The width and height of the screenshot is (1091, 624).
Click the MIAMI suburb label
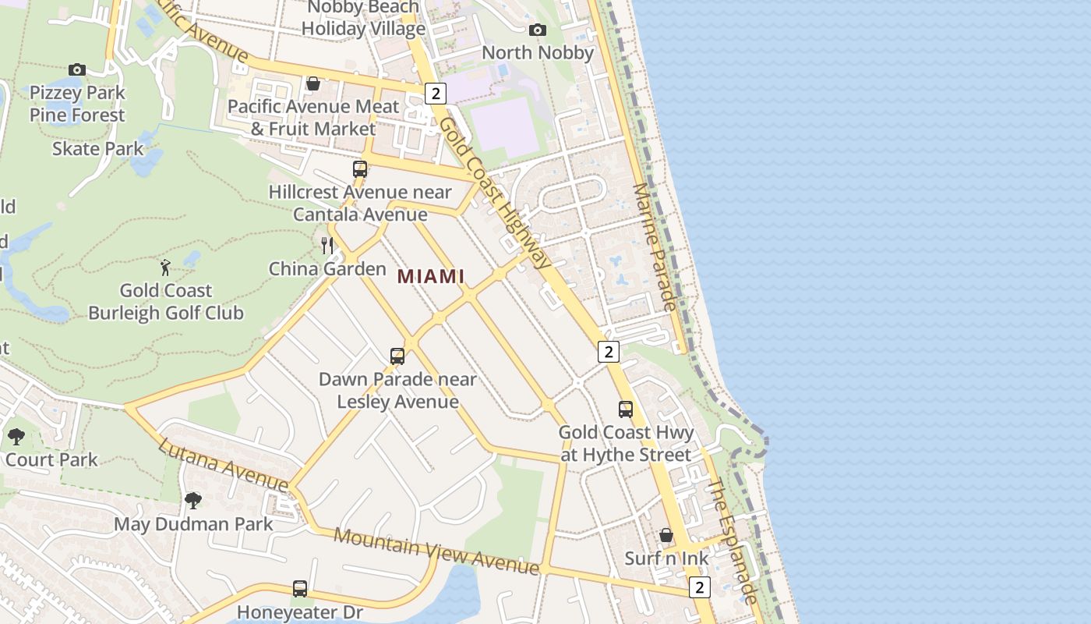click(x=431, y=276)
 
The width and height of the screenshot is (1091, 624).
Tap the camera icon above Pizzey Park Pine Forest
click(x=76, y=69)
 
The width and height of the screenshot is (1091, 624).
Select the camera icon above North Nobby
click(x=537, y=30)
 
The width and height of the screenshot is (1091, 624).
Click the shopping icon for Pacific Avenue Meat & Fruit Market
click(x=313, y=83)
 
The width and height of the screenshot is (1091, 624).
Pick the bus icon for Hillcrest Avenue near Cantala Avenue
click(x=360, y=169)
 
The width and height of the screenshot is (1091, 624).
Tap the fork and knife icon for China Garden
click(x=327, y=246)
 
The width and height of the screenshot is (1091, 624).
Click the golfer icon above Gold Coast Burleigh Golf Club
click(x=165, y=268)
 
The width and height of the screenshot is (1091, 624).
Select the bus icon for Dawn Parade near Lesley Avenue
click(x=397, y=356)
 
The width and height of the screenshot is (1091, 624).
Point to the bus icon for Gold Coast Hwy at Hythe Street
click(x=626, y=409)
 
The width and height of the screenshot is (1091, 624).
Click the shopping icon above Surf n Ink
click(x=666, y=535)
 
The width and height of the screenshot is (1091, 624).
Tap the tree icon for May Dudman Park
click(x=193, y=500)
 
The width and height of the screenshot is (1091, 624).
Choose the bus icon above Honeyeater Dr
click(x=300, y=589)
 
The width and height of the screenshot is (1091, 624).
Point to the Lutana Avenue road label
click(x=224, y=466)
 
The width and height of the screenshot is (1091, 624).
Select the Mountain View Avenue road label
click(x=436, y=551)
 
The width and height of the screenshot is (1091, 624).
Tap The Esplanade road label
click(x=733, y=541)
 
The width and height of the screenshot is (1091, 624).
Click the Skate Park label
click(x=98, y=148)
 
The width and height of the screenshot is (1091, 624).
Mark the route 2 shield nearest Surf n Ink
click(x=700, y=587)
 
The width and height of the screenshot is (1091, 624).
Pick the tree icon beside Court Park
click(x=16, y=437)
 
